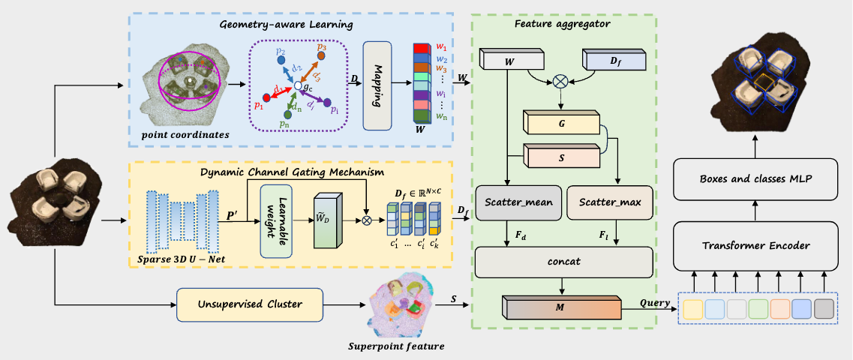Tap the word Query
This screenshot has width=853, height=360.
[x=654, y=303]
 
